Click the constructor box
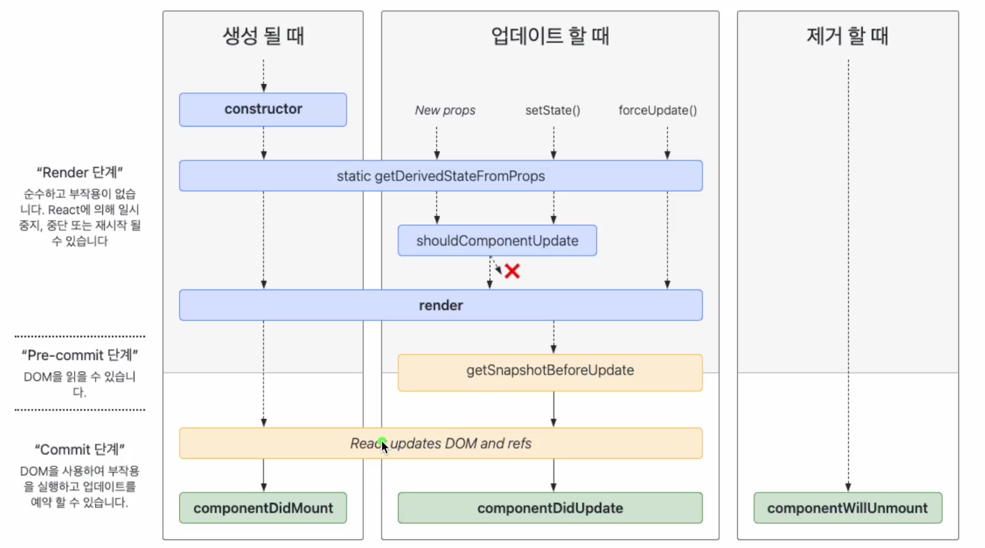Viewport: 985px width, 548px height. (x=263, y=109)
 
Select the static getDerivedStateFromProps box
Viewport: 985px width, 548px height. (x=440, y=175)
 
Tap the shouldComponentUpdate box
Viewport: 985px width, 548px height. (x=497, y=240)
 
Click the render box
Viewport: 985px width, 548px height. (x=440, y=305)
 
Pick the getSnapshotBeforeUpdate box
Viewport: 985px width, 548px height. (x=550, y=373)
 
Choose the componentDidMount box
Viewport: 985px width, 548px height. (x=263, y=507)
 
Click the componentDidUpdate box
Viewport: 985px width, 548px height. (x=550, y=507)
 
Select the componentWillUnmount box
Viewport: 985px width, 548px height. (x=848, y=507)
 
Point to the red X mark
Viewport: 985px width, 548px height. (x=512, y=271)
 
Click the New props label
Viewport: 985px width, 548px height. (x=445, y=110)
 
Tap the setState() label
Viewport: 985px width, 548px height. (x=552, y=110)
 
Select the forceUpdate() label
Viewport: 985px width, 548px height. (x=658, y=110)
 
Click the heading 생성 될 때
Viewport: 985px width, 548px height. (x=263, y=35)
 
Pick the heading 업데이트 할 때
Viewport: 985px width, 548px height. (x=550, y=35)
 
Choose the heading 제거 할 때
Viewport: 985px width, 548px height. (x=847, y=35)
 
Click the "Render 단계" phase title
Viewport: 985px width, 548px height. (x=79, y=172)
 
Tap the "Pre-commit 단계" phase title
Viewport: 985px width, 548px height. (x=79, y=355)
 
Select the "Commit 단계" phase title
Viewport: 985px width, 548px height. (x=79, y=450)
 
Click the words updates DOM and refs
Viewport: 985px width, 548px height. (x=461, y=443)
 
